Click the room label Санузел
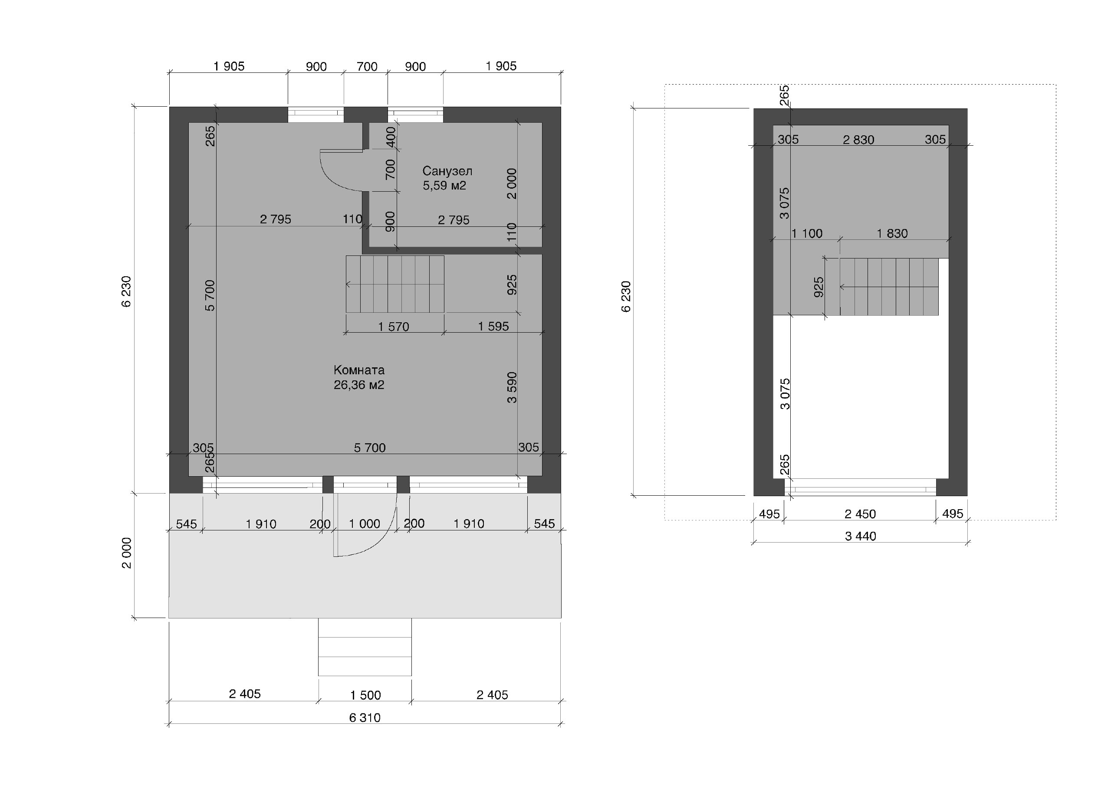click(x=447, y=171)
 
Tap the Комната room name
click(x=359, y=370)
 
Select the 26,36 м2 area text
click(x=359, y=385)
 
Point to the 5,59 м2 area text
click(x=444, y=186)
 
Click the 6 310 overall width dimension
click(x=365, y=718)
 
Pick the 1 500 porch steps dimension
click(x=365, y=695)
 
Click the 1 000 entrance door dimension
click(x=365, y=523)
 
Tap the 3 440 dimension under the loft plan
click(x=860, y=536)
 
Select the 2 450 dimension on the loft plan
click(x=860, y=514)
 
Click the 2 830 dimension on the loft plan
click(x=858, y=140)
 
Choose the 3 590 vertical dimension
click(x=512, y=387)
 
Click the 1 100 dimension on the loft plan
click(x=807, y=234)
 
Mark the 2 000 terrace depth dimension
click(x=127, y=553)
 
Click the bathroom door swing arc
click(x=332, y=180)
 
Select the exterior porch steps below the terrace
click(x=365, y=647)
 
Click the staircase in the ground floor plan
click(x=395, y=284)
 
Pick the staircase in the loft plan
click(x=889, y=287)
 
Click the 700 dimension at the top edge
click(x=367, y=66)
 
